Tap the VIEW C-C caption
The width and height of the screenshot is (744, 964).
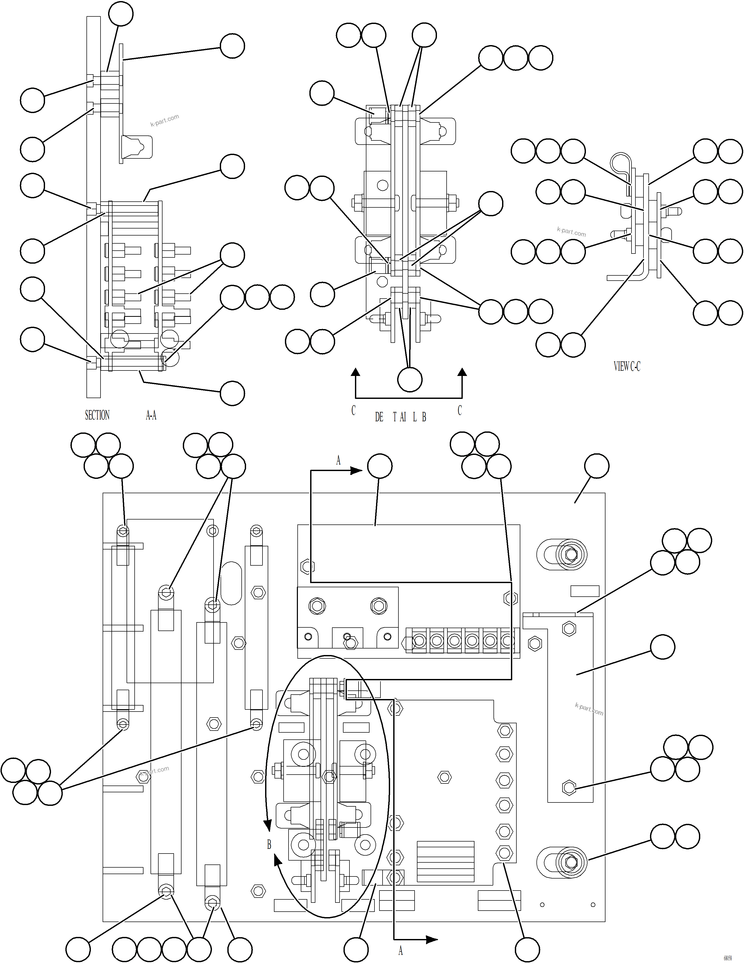[x=627, y=366]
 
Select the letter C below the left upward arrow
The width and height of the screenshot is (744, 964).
[x=353, y=411]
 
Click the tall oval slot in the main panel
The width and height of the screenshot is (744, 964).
[x=231, y=583]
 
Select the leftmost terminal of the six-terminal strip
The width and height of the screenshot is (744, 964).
[x=419, y=640]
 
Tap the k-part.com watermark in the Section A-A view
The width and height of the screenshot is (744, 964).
[x=165, y=120]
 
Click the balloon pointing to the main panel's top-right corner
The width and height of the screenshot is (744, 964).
[x=597, y=466]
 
